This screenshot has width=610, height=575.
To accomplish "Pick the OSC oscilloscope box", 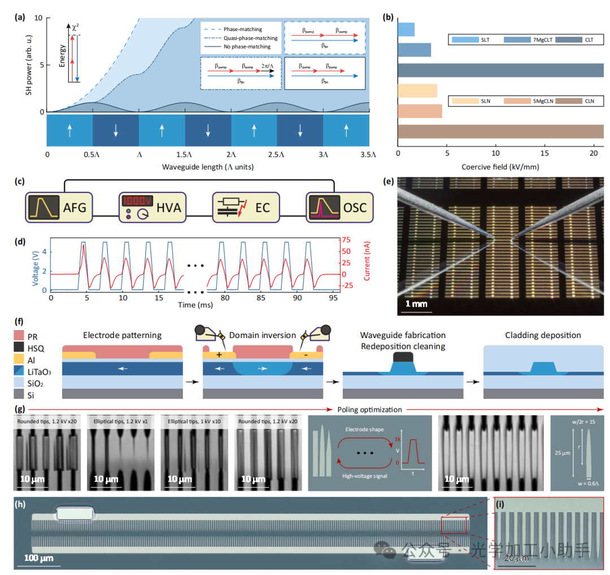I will click(336, 207).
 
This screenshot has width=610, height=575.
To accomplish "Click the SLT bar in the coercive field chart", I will click(406, 29).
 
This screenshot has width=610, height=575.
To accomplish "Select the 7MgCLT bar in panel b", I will click(414, 50).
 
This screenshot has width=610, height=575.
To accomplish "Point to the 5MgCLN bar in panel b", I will click(420, 111).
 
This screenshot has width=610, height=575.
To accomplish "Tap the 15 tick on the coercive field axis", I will click(544, 153).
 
